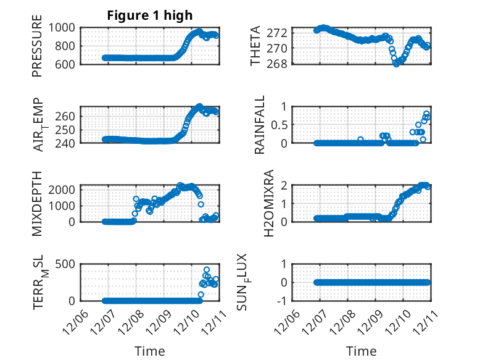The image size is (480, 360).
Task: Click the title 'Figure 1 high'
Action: tap(150, 15)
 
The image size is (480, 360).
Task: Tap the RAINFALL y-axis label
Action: tap(260, 125)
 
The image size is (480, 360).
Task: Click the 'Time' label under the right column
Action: tap(361, 351)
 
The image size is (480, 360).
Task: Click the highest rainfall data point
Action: tap(426, 114)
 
